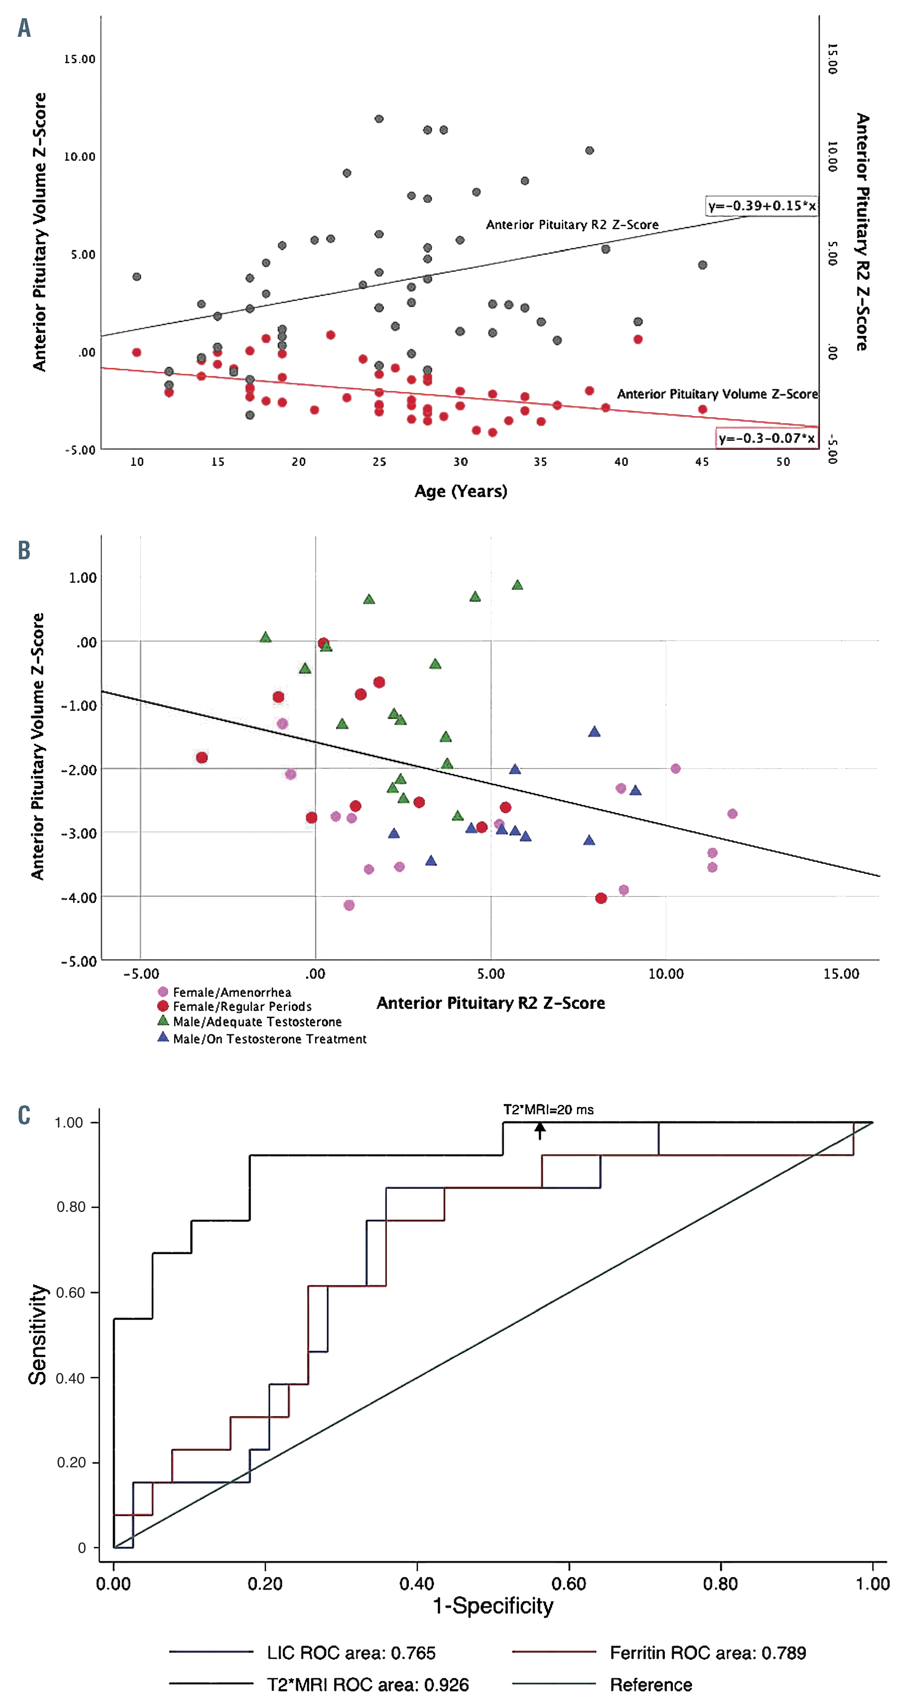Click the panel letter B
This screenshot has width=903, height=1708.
click(x=24, y=550)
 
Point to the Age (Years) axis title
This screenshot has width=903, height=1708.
click(x=461, y=491)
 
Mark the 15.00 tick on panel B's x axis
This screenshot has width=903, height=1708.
click(x=841, y=974)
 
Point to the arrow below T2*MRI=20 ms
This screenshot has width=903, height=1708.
click(x=540, y=1130)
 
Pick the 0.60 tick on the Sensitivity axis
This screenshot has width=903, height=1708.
click(x=70, y=1292)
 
